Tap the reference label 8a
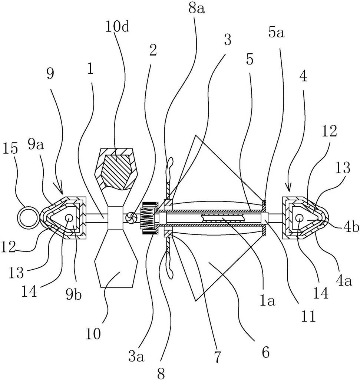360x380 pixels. point(196,9)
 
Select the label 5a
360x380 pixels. point(276,33)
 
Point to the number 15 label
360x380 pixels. point(10,148)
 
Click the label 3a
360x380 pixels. point(136,357)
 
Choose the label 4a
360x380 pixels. point(344,281)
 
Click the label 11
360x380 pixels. point(308,316)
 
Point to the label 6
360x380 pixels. point(266,352)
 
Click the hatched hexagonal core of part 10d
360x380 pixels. point(117,169)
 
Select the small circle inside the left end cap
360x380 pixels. point(69,218)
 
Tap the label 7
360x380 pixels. point(218,357)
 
